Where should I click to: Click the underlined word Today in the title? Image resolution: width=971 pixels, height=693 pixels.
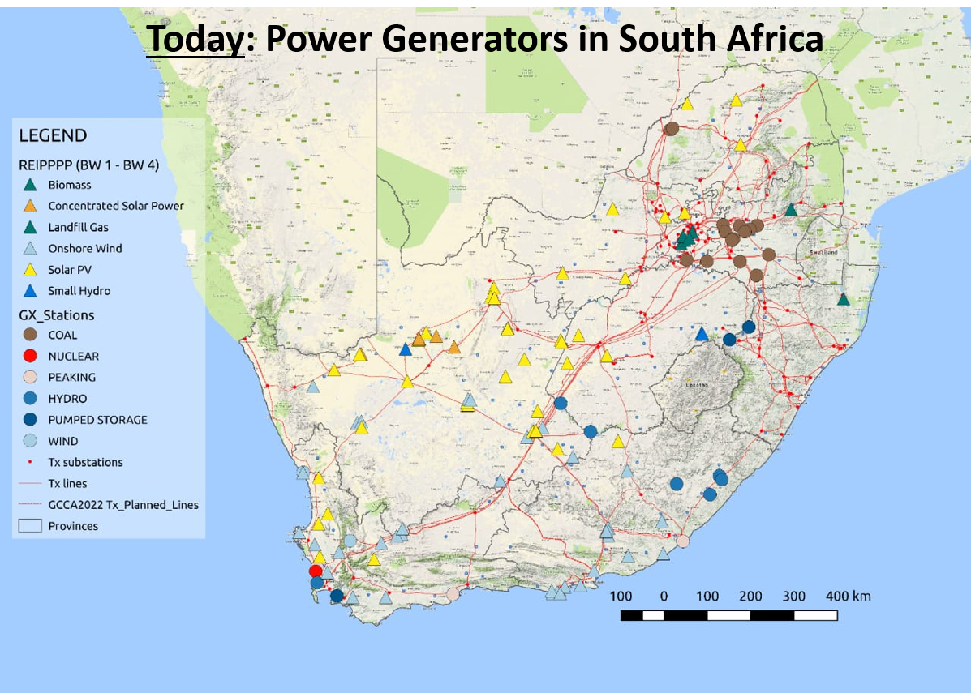(195, 38)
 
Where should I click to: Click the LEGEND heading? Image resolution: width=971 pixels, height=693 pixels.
(53, 136)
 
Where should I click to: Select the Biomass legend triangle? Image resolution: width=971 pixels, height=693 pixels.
(30, 185)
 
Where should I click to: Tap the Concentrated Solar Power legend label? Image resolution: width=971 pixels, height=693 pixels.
(115, 206)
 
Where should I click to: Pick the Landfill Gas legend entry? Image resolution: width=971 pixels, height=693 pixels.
(78, 228)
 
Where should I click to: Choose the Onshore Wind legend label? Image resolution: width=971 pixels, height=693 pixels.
(84, 249)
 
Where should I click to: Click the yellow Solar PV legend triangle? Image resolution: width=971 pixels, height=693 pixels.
(30, 270)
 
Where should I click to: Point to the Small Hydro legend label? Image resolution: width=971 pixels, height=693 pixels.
(79, 291)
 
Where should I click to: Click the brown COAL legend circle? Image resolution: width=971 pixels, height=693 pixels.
(30, 335)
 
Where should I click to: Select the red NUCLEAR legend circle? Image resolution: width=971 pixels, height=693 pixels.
(30, 356)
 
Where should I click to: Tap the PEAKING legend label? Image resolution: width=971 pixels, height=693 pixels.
(71, 377)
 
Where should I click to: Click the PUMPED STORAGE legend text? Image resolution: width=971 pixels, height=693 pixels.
(97, 420)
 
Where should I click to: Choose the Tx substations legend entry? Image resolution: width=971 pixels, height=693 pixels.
(85, 462)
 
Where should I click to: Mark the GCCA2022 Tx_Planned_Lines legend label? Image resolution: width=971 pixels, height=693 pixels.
(123, 504)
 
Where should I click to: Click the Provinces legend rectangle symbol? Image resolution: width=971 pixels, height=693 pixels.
(30, 526)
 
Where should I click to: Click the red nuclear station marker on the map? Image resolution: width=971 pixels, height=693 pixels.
(316, 571)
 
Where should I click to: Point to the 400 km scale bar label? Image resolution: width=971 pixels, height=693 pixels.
(848, 597)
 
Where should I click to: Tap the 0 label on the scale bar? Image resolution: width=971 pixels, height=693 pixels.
(664, 597)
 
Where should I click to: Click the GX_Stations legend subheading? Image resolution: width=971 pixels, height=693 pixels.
(57, 315)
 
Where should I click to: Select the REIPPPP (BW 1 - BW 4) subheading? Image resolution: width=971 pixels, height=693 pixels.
(88, 165)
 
